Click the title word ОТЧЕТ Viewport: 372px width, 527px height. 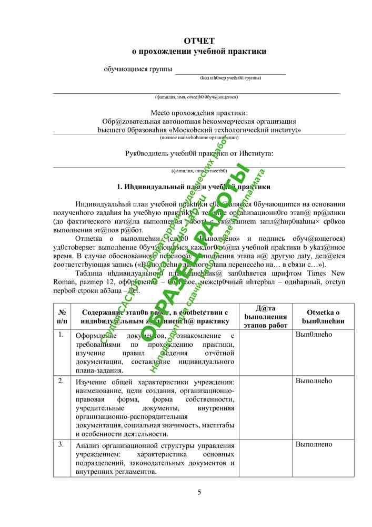click(199, 41)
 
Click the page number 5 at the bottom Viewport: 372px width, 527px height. click(199, 492)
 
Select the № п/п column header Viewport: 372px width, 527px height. click(62, 316)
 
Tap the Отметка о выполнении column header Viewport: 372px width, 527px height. click(323, 316)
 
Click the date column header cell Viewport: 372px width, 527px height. click(266, 316)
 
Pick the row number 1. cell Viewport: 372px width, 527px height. click(62, 335)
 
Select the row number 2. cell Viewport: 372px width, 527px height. click(62, 380)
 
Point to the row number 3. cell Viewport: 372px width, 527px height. click(62, 445)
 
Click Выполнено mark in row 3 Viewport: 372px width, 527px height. click(314, 445)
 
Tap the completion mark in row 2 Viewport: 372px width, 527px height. click(314, 380)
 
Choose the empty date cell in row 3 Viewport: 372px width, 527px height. click(266, 458)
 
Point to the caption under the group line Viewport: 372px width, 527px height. click(230, 78)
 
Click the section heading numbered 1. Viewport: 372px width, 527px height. click(193, 187)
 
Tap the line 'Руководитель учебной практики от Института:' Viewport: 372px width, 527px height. click(199, 153)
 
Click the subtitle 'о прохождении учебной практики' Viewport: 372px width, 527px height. click(199, 52)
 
